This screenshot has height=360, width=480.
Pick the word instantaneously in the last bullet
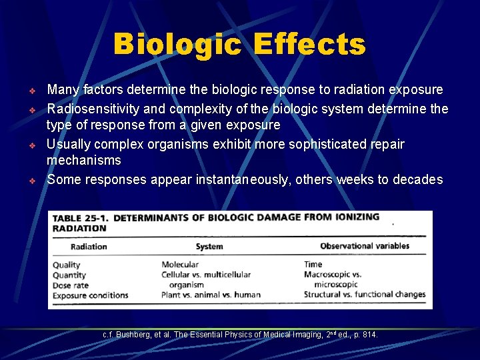[x=243, y=179]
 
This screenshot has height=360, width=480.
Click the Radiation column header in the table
[x=89, y=247]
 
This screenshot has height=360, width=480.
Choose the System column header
[x=209, y=247]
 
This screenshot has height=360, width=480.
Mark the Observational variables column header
[x=365, y=246]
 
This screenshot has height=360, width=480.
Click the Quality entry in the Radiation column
[x=67, y=265]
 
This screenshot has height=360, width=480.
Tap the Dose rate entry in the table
[x=71, y=285]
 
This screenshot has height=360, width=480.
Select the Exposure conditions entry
[x=91, y=295]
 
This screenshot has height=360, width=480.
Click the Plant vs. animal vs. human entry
[x=211, y=295]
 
